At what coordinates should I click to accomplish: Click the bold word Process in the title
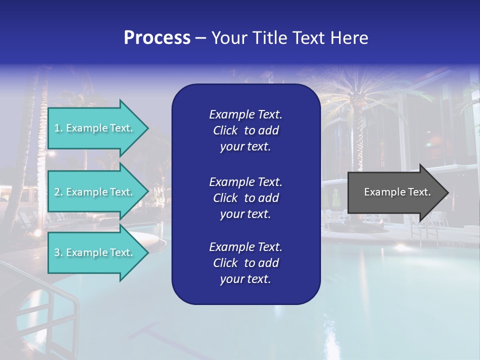point(157,38)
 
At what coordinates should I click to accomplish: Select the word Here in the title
point(349,38)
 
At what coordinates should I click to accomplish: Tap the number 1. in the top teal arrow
point(58,128)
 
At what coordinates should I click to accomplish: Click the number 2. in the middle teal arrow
point(58,192)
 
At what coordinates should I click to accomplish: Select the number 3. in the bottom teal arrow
point(58,252)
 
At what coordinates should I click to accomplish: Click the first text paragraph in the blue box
point(245,130)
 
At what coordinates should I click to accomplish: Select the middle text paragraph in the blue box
point(245,198)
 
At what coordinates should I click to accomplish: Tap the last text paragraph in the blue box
point(245,263)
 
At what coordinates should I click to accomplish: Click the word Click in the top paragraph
point(225,130)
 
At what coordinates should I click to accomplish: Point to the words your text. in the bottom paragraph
point(245,279)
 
